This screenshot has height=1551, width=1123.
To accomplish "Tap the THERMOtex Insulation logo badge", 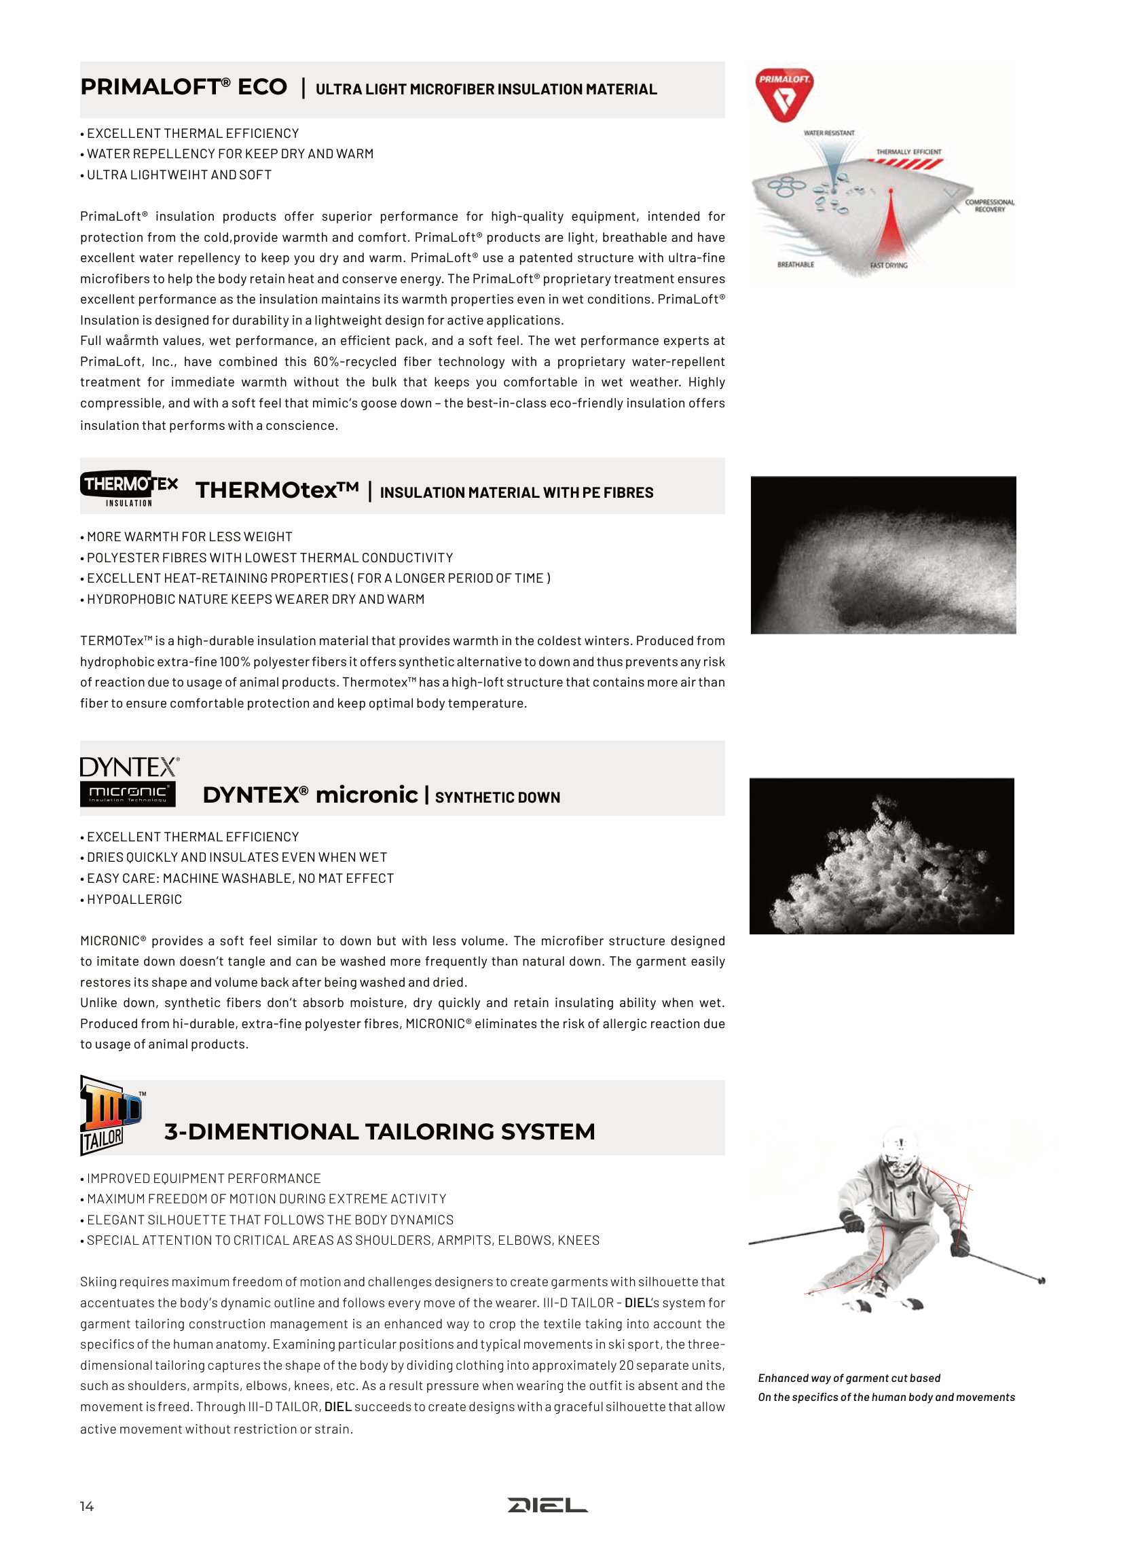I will (x=128, y=488).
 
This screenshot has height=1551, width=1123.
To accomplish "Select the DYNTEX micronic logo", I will (x=128, y=781).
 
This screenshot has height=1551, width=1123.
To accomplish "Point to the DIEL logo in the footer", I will (x=547, y=1506).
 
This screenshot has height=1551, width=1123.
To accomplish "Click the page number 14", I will (x=87, y=1506).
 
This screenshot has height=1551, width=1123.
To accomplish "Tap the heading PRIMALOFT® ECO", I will (x=183, y=88).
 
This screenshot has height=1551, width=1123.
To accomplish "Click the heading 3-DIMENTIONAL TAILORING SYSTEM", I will (x=380, y=1132).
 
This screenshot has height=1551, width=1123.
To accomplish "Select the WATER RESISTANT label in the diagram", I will (x=828, y=133).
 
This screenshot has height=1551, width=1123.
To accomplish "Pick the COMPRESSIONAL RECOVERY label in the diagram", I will (x=989, y=206).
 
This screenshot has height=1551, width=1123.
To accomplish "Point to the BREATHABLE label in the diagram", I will (x=795, y=265).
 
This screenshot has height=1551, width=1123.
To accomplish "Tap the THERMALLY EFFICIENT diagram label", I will (x=908, y=152).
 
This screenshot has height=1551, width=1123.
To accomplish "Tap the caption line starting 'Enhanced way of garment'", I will (x=849, y=1378).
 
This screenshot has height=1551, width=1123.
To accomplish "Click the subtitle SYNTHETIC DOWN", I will (x=497, y=797).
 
